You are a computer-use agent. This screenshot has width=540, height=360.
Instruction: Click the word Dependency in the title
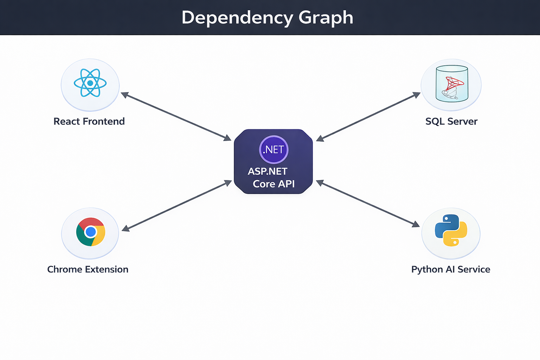(237, 18)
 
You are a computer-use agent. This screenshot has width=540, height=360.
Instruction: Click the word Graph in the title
(326, 18)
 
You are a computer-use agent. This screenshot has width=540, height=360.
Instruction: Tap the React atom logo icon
(90, 83)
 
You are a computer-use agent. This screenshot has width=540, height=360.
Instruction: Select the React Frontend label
(89, 121)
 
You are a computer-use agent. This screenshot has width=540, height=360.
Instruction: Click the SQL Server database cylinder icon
(452, 84)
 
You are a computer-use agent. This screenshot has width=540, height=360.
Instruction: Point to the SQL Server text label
(451, 121)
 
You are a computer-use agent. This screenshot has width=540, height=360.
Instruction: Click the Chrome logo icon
(91, 232)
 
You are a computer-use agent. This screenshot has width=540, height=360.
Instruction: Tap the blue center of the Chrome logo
(91, 232)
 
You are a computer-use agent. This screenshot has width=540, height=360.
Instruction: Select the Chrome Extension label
(88, 269)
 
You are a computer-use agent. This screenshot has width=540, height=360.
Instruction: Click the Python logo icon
(451, 230)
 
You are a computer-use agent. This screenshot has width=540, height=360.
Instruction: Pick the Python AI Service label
(450, 269)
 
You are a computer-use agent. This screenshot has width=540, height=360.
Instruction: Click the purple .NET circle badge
(274, 149)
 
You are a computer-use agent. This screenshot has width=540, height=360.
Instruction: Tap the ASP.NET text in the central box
(267, 171)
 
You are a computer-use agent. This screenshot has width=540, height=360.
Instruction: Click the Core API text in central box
(274, 184)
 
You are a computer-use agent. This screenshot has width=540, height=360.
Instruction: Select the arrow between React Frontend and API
(176, 116)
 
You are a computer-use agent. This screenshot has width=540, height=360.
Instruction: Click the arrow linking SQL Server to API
(368, 117)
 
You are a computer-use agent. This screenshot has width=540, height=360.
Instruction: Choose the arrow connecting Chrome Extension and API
(176, 206)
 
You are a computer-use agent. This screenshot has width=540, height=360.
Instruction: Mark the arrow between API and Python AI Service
(368, 204)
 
